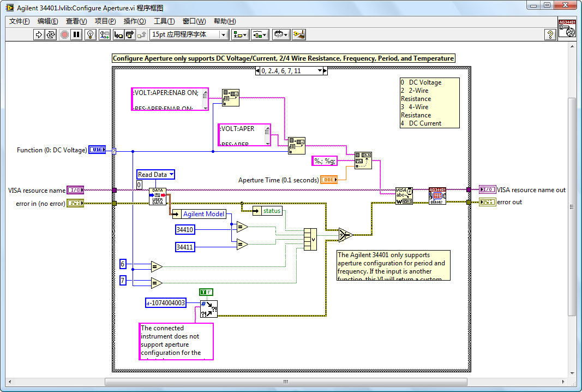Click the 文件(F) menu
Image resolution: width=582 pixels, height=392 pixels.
[x=20, y=21]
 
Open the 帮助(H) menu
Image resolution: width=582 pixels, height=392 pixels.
[x=224, y=21]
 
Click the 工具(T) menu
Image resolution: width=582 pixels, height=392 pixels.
[x=164, y=21]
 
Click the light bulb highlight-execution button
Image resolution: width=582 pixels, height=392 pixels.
[x=91, y=34]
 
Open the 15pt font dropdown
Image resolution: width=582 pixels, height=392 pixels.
[x=189, y=34]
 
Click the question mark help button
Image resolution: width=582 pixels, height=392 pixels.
[x=550, y=34]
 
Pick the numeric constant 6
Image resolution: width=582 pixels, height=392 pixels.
[x=123, y=264]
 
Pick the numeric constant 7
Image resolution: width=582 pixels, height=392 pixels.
[x=123, y=280]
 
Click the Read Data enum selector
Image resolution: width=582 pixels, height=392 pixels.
[x=155, y=175]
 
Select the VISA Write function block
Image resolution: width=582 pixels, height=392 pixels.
[x=404, y=195]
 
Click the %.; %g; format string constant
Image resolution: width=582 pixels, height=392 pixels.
[x=325, y=161]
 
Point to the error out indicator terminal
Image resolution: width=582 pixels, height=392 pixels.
[x=487, y=202]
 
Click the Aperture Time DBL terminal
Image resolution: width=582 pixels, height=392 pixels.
[x=328, y=180]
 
